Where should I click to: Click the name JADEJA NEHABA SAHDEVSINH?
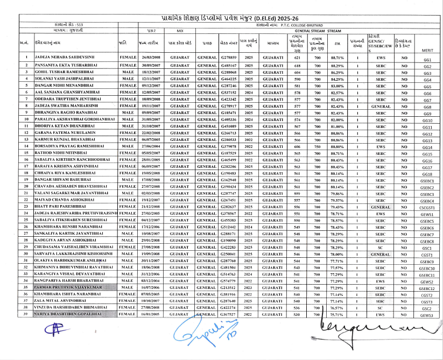click(68, 57)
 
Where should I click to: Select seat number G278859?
click(229, 57)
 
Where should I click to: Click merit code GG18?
click(427, 174)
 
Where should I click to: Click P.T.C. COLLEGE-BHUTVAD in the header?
click(305, 25)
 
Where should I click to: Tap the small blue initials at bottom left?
click(52, 330)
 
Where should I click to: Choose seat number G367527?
click(229, 315)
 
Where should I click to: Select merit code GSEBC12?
click(427, 288)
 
